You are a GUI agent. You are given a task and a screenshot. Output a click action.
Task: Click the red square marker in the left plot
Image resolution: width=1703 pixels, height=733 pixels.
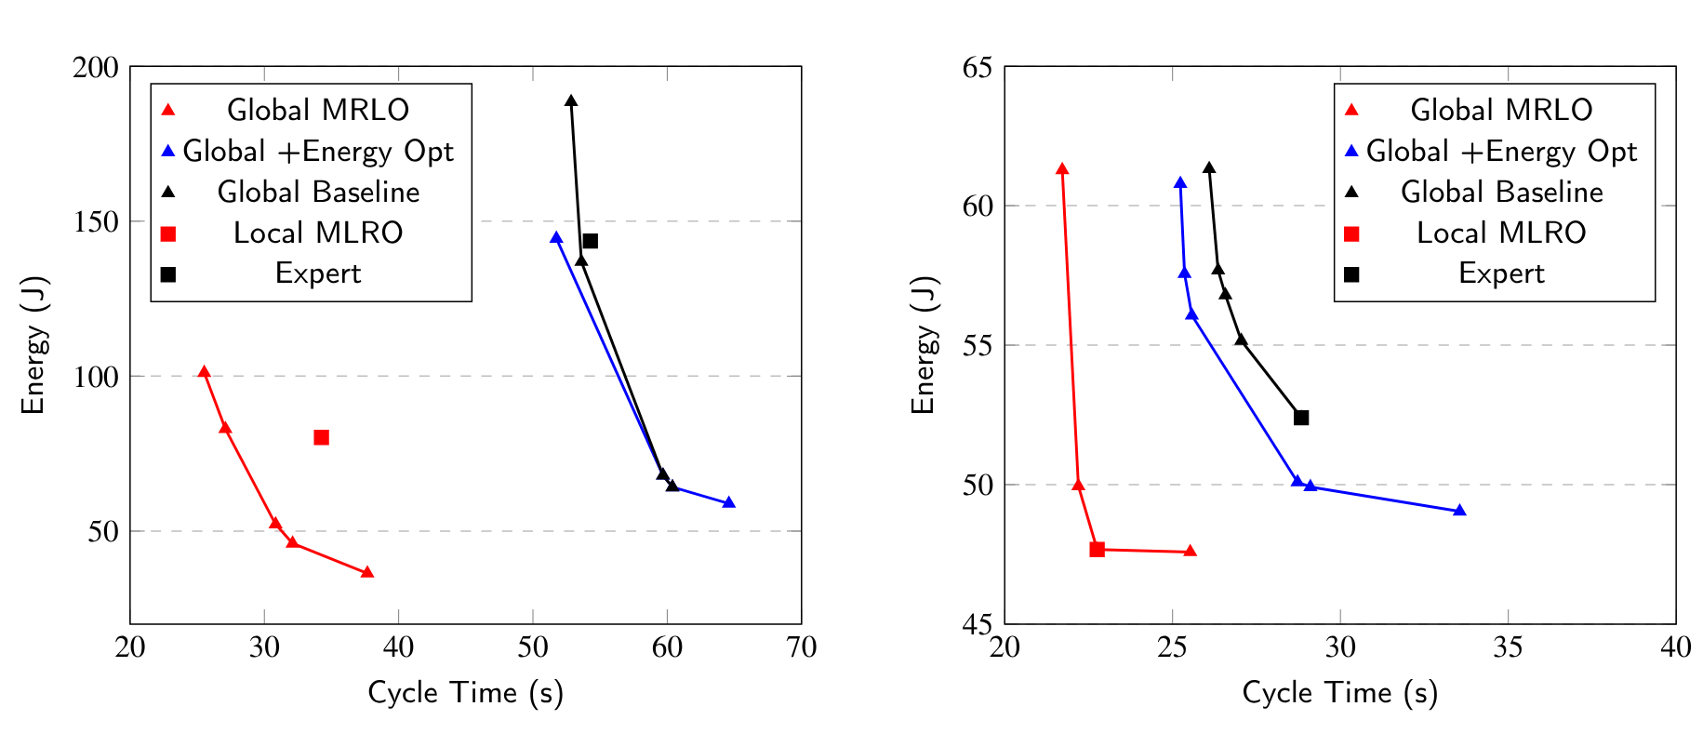pos(321,437)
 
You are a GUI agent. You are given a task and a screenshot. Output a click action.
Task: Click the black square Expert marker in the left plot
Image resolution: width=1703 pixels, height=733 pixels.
pos(590,241)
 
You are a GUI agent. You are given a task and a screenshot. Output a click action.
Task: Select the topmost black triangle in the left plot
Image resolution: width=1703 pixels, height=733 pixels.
pos(571,100)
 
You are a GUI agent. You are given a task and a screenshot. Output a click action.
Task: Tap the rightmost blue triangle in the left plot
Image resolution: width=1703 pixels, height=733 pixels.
pos(729,502)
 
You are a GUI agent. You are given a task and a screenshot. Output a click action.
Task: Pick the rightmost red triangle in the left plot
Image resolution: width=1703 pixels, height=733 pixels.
pos(367,572)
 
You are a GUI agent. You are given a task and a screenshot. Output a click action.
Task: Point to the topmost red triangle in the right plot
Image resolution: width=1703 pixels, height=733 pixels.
pos(1062,169)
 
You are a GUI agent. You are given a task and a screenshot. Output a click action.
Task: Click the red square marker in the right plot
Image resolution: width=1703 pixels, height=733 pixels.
pos(1097,550)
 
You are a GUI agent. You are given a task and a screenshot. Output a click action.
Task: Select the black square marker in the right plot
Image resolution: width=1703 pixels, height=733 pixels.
pos(1301,418)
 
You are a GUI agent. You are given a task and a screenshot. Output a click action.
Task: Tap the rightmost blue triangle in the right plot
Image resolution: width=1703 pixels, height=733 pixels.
pos(1459,511)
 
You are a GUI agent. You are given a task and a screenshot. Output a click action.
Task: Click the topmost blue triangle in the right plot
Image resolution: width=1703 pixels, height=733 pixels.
pos(1180,183)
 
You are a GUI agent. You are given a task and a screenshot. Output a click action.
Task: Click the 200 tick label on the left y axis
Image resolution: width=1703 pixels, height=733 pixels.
pos(96,67)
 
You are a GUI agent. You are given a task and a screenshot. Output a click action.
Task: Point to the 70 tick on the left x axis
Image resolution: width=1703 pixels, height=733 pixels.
pos(801,647)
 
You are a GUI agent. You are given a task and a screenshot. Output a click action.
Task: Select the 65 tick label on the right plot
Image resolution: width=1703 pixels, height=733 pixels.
pos(978,67)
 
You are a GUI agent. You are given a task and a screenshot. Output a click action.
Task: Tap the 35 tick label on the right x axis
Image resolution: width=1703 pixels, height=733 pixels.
pos(1508,647)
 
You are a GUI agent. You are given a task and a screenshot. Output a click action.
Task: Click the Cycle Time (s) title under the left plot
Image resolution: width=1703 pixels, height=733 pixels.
pos(465,693)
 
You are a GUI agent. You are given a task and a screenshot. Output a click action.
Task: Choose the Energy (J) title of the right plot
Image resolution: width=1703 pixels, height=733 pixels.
pos(923,345)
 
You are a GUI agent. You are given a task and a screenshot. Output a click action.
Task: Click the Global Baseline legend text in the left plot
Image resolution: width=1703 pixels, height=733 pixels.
pos(318,192)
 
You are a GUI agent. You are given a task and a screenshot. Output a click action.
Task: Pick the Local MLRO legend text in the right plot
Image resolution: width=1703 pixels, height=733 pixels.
pos(1500,233)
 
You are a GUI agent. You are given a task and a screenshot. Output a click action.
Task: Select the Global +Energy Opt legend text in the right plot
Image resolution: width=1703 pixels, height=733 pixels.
pos(1500,151)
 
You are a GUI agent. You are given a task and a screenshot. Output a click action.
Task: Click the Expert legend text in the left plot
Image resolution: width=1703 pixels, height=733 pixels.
pos(318,273)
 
